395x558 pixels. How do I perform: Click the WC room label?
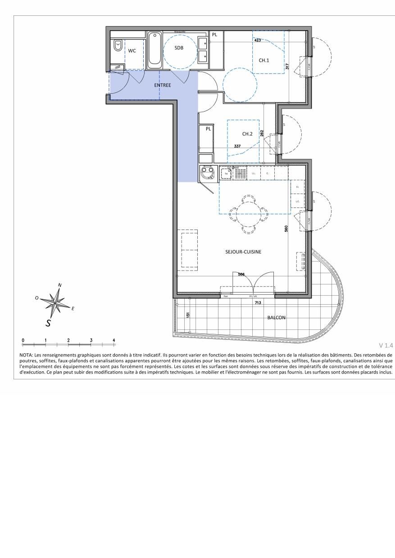[x=132, y=51]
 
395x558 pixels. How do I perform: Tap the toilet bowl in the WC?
[x=118, y=45]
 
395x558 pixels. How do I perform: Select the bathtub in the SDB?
[x=154, y=49]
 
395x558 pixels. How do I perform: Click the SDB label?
[x=179, y=48]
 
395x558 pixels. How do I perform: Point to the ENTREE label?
[x=163, y=85]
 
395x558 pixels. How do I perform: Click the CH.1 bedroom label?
[x=264, y=60]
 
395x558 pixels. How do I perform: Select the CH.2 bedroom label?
[x=248, y=134]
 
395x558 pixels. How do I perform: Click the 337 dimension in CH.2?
[x=237, y=146]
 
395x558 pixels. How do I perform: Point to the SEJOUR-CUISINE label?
[x=243, y=252]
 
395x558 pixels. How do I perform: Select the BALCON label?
[x=276, y=317]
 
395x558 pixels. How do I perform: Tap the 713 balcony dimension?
[x=258, y=303]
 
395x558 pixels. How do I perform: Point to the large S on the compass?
[x=48, y=322]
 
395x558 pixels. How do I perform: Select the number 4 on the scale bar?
[x=114, y=340]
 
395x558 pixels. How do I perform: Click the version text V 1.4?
[x=386, y=346]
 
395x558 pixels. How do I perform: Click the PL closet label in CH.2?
[x=208, y=129]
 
